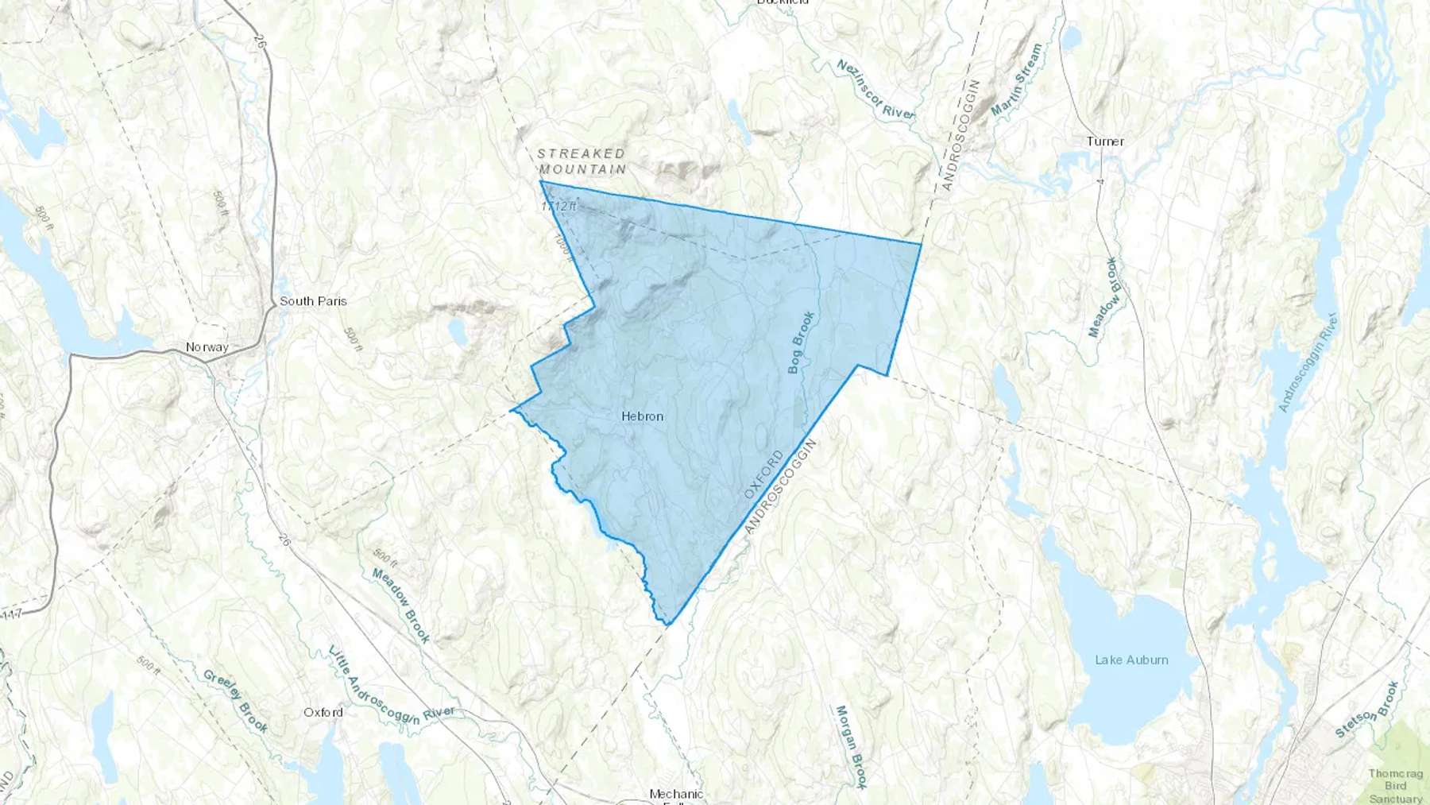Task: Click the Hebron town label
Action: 642,416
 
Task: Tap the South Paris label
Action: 313,301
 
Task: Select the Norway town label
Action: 207,347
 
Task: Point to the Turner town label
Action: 1105,141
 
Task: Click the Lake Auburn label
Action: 1131,660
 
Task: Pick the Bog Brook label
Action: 801,343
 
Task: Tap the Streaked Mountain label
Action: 582,161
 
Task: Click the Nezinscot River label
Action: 875,89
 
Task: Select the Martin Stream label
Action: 1016,79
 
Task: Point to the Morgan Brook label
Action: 848,746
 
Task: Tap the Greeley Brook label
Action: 235,701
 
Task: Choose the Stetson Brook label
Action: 1366,710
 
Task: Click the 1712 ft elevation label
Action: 558,207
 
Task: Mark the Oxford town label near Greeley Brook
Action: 323,712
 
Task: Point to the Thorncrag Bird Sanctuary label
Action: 1395,786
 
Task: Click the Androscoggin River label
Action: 1308,363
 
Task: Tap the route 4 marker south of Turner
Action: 1101,182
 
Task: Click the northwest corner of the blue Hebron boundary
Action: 540,182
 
